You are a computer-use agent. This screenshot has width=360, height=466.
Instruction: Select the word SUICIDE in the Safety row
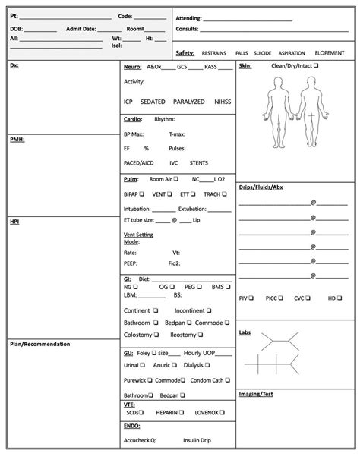pyautogui.click(x=262, y=53)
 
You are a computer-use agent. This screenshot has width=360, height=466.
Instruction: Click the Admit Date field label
pyautogui.click(x=81, y=28)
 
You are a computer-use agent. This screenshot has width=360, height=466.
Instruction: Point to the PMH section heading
pyautogui.click(x=16, y=140)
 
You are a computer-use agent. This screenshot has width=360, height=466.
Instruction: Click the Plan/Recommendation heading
pyautogui.click(x=39, y=345)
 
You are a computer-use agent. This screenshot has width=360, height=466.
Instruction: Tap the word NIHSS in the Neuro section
pyautogui.click(x=223, y=101)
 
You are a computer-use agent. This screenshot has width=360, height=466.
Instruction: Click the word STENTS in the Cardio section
pyautogui.click(x=199, y=162)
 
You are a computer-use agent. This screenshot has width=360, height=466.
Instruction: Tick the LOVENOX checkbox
pyautogui.click(x=223, y=412)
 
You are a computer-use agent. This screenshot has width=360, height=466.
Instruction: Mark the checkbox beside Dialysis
pyautogui.click(x=206, y=365)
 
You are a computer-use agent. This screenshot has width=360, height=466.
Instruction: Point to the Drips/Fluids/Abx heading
pyautogui.click(x=261, y=187)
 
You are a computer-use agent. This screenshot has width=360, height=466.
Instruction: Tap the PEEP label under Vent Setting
pyautogui.click(x=130, y=263)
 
